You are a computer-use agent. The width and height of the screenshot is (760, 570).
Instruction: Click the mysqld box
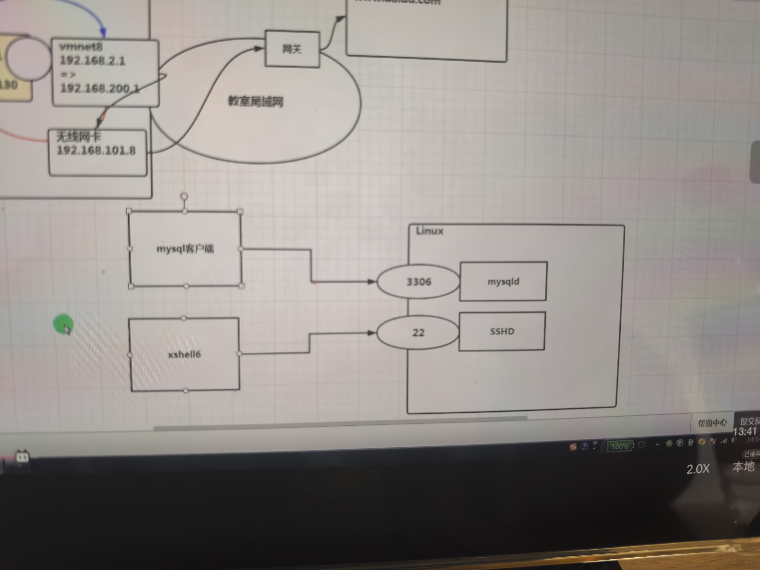[503, 281]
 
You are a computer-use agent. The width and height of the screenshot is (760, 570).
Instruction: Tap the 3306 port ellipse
[418, 282]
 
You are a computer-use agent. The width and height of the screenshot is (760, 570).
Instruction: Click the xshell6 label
[184, 354]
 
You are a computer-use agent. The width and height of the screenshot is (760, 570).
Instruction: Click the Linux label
[430, 231]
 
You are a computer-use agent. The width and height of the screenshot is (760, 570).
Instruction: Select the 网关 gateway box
[292, 49]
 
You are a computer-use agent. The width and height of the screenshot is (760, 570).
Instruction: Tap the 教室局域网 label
[256, 101]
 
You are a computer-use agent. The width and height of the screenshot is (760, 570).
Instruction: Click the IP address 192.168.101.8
[96, 150]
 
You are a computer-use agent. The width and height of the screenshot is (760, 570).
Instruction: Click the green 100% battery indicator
[620, 446]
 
